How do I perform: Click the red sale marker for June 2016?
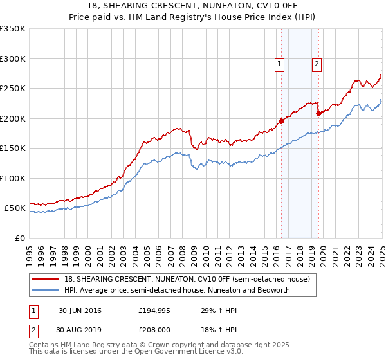[281, 121]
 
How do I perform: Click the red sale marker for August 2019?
[318, 113]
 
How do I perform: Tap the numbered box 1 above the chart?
[280, 64]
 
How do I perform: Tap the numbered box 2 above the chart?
[318, 64]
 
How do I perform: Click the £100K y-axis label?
[13, 178]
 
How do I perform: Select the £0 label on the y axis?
[19, 238]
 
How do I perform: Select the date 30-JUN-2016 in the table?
[80, 310]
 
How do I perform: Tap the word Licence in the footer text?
[185, 352]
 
